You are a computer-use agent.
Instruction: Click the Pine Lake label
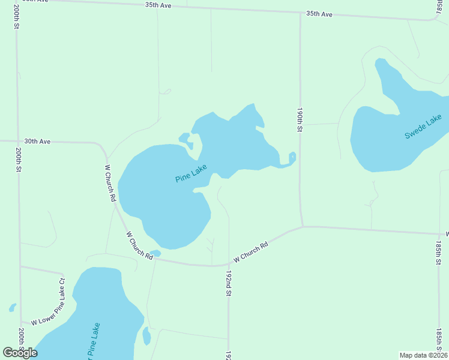point(191,174)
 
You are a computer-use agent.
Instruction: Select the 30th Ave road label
point(37,142)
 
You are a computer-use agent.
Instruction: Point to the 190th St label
point(300,120)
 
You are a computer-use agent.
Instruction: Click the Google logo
point(20,353)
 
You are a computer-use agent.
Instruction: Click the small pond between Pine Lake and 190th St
point(292,158)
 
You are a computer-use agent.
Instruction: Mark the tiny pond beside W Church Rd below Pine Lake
point(155,253)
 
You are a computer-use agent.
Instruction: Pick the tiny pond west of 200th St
point(13,308)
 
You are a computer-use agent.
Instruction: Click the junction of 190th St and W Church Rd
point(302,227)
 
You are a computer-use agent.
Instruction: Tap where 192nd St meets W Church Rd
point(229,265)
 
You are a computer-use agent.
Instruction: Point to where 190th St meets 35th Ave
point(300,13)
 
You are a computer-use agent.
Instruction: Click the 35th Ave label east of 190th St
point(319,13)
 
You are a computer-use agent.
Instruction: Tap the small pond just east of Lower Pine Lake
point(146,336)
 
